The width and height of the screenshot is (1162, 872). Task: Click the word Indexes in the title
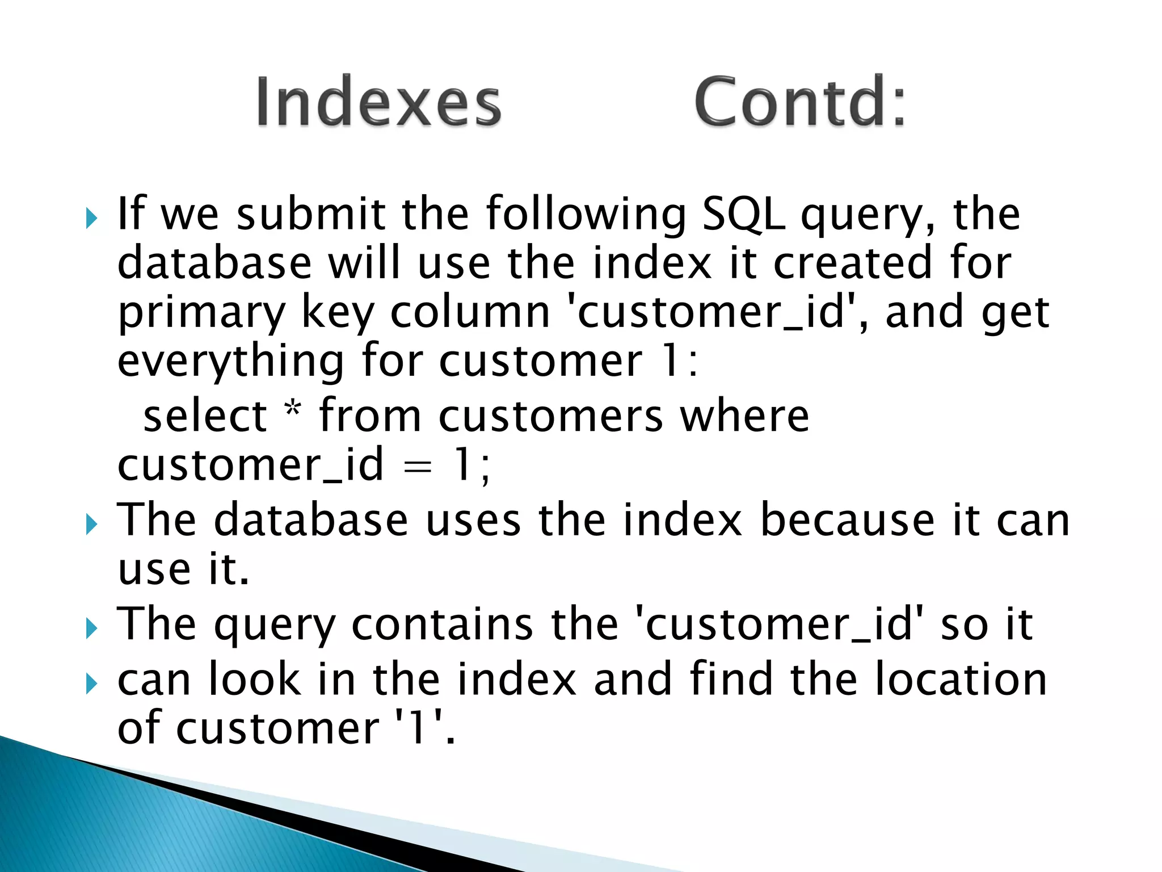click(378, 102)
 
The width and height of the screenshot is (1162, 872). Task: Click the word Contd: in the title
click(800, 102)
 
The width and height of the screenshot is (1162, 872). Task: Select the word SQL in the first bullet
click(744, 214)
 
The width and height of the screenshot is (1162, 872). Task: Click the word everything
click(230, 362)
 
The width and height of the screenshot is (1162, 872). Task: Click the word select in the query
click(205, 416)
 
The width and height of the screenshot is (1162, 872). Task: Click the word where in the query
click(744, 416)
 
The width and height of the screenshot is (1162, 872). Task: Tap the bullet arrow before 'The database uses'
click(92, 525)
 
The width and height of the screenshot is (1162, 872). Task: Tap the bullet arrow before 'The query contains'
click(92, 629)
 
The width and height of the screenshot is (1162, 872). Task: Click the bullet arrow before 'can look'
click(92, 684)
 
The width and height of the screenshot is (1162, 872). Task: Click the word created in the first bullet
click(852, 264)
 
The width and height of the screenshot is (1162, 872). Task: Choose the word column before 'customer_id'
click(470, 313)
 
